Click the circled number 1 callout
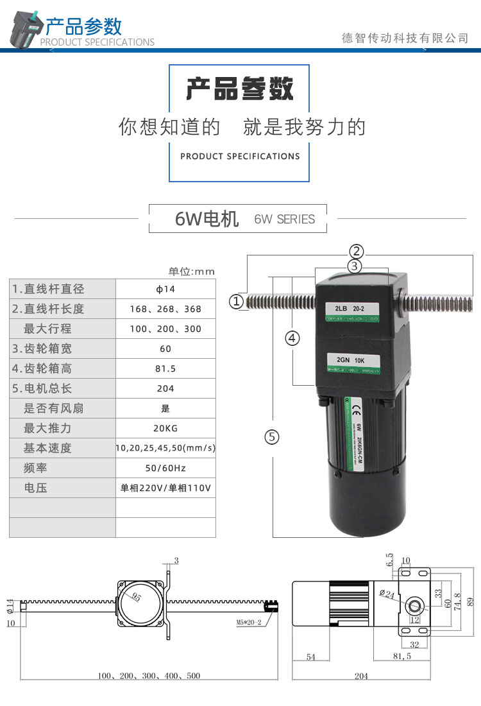tap(237, 301)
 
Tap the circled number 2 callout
tap(357, 251)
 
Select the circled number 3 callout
tap(356, 265)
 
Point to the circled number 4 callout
tap(292, 338)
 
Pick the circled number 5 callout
tap(273, 437)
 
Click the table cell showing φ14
tap(165, 289)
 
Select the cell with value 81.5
tap(165, 368)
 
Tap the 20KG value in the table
tap(165, 428)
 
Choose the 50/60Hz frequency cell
tap(165, 468)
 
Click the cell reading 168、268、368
tap(165, 309)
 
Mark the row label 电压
tap(36, 488)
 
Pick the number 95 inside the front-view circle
tap(137, 597)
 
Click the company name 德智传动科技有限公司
tap(405, 39)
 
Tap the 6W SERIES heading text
tap(285, 220)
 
